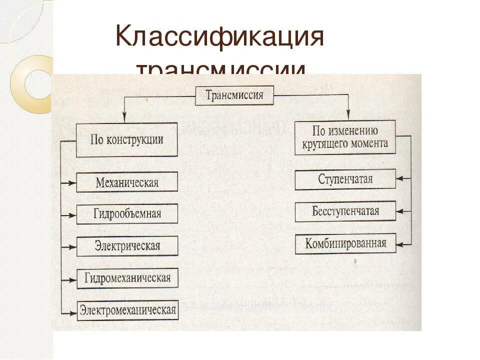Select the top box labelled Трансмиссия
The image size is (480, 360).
click(234, 95)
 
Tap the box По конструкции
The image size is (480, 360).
click(127, 139)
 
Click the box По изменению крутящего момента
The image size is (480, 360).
click(345, 137)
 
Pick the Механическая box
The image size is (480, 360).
click(127, 182)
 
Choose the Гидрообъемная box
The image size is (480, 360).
click(127, 214)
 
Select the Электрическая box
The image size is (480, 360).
click(127, 246)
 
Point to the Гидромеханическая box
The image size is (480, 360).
click(127, 278)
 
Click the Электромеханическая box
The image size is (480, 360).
click(127, 310)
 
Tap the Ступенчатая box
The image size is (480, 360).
click(345, 179)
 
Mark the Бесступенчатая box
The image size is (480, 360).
click(345, 211)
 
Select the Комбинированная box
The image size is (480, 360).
click(345, 243)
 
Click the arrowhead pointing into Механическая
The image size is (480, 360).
click(73, 183)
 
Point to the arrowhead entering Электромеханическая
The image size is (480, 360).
click(73, 312)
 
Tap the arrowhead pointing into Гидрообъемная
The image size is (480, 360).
click(73, 215)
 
